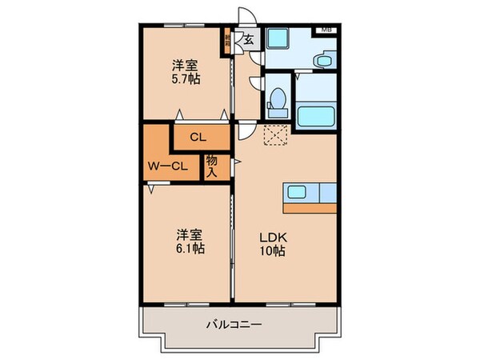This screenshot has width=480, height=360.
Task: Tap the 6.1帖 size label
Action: (190, 248)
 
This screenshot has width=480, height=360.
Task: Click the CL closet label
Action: (200, 137)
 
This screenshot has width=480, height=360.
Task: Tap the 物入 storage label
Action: (212, 166)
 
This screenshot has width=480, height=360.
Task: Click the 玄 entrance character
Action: (249, 39)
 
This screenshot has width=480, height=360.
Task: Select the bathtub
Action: (317, 118)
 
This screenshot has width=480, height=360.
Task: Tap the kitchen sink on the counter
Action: (296, 192)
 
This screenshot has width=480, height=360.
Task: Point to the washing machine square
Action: (278, 39)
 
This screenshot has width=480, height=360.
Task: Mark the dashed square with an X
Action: (277, 136)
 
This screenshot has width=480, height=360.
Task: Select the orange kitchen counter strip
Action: (309, 206)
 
